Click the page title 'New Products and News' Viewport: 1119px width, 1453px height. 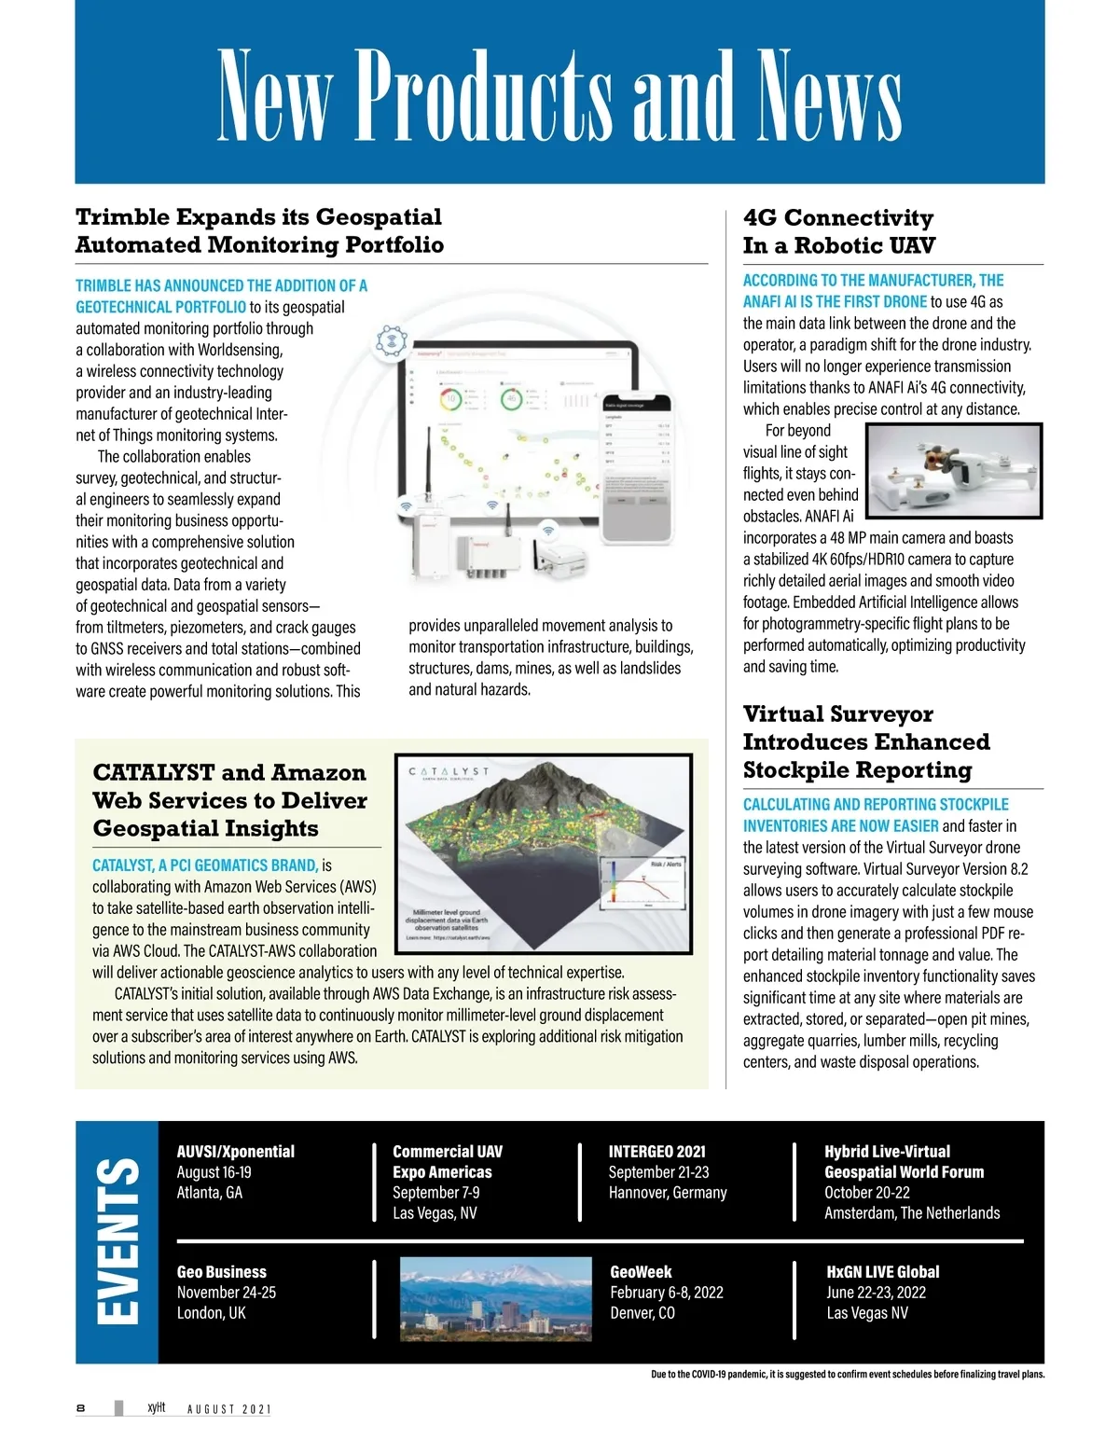pos(559,94)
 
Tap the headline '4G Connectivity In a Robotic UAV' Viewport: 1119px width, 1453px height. pos(838,231)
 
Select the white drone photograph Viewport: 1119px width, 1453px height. pos(953,471)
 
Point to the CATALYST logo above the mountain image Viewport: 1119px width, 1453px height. pos(449,772)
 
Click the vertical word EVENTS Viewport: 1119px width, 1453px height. pos(118,1240)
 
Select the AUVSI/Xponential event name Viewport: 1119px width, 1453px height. pos(235,1152)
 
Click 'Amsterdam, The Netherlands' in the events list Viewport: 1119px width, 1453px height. pos(911,1213)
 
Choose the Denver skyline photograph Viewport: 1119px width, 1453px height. pos(496,1299)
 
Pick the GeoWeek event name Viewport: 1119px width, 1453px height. pos(641,1272)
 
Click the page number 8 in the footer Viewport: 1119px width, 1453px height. pos(81,1408)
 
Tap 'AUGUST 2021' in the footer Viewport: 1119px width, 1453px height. pos(228,1409)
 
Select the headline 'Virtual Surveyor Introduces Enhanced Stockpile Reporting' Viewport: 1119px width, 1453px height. pos(865,742)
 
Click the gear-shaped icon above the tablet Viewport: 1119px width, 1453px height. pos(392,342)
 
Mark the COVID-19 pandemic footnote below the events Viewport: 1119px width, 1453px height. pos(847,1375)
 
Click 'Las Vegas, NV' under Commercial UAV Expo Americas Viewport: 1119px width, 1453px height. pos(435,1213)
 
